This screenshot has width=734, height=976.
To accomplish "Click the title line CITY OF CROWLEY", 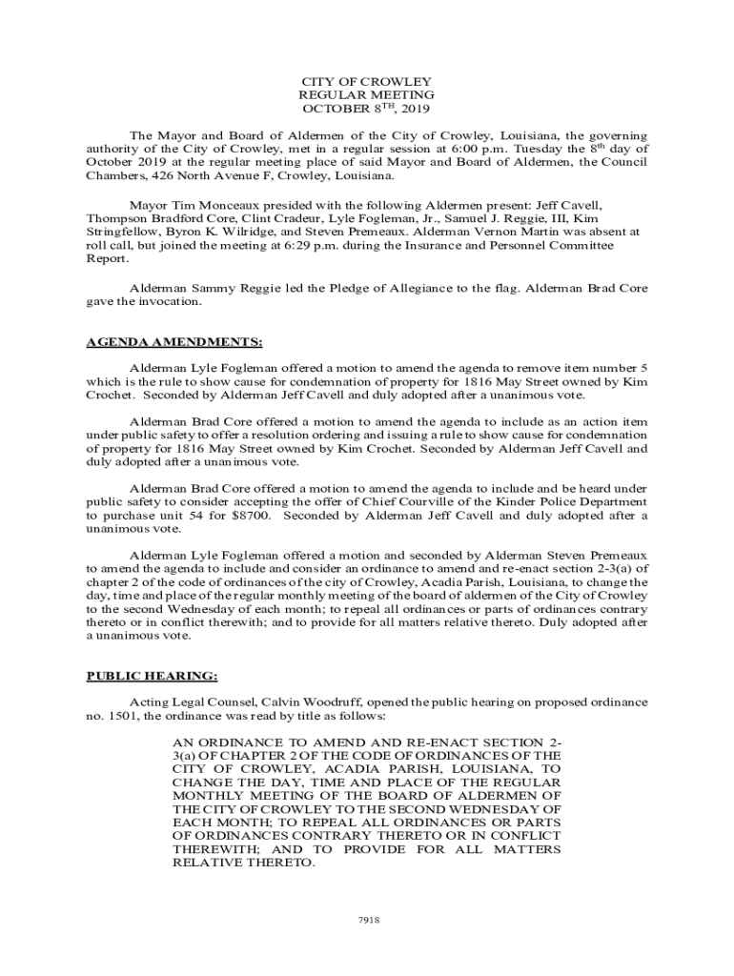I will [367, 81].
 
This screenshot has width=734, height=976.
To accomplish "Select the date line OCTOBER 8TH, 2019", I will [367, 109].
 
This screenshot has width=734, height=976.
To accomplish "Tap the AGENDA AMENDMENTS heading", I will [174, 342].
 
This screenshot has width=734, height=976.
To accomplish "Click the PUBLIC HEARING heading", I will [153, 677].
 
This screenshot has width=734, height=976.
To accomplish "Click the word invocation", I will [171, 301].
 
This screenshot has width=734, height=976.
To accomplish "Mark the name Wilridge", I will [255, 232].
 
